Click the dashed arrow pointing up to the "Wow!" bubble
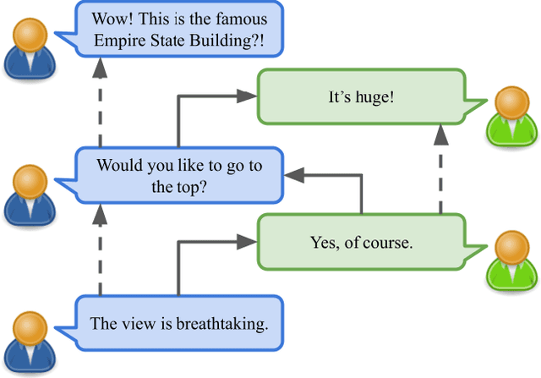click(x=101, y=101)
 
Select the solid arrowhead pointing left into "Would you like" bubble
click(x=292, y=175)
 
